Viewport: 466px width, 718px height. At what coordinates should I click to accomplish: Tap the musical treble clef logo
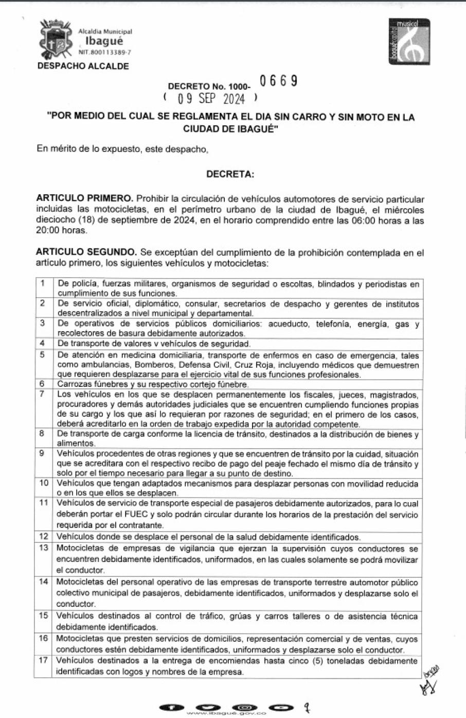pos(409,41)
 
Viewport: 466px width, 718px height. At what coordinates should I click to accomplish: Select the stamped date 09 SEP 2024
pos(211,98)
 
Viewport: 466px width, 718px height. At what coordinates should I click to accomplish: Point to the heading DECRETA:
pos(230,174)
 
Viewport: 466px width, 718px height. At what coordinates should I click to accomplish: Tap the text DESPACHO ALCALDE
pos(83,66)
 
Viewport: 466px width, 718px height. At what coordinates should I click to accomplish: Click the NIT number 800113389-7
pos(105,53)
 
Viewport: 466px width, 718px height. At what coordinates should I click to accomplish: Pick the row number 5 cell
pos(43,355)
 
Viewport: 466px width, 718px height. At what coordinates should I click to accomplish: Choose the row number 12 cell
pos(44,536)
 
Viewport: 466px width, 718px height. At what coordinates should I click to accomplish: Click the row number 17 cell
pos(44,660)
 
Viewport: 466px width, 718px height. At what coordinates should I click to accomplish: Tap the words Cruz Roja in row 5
pos(252,365)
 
